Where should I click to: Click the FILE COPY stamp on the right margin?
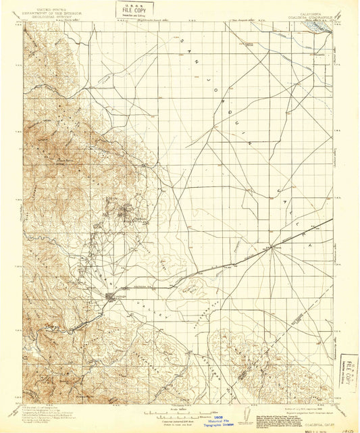pyautogui.click(x=349, y=371)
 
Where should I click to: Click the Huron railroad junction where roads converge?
pyautogui.click(x=273, y=246)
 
